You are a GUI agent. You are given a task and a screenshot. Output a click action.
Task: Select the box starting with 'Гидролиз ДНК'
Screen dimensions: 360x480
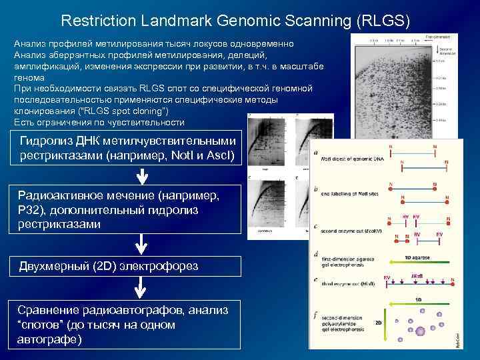click(127, 148)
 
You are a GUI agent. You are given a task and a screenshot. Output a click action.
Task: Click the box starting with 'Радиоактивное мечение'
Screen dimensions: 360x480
click(127, 210)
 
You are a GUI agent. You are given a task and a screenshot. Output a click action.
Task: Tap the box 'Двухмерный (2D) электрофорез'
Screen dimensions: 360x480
click(127, 267)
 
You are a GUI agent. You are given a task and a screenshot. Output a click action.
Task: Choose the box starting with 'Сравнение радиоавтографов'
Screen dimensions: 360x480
click(127, 325)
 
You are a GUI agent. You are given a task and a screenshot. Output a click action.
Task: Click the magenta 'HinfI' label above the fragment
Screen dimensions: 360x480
click(417, 275)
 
